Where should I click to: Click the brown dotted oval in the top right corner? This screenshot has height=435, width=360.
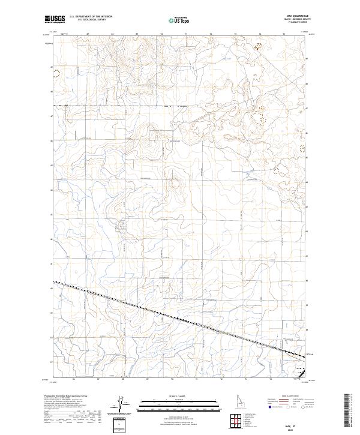click(x=259, y=44)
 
